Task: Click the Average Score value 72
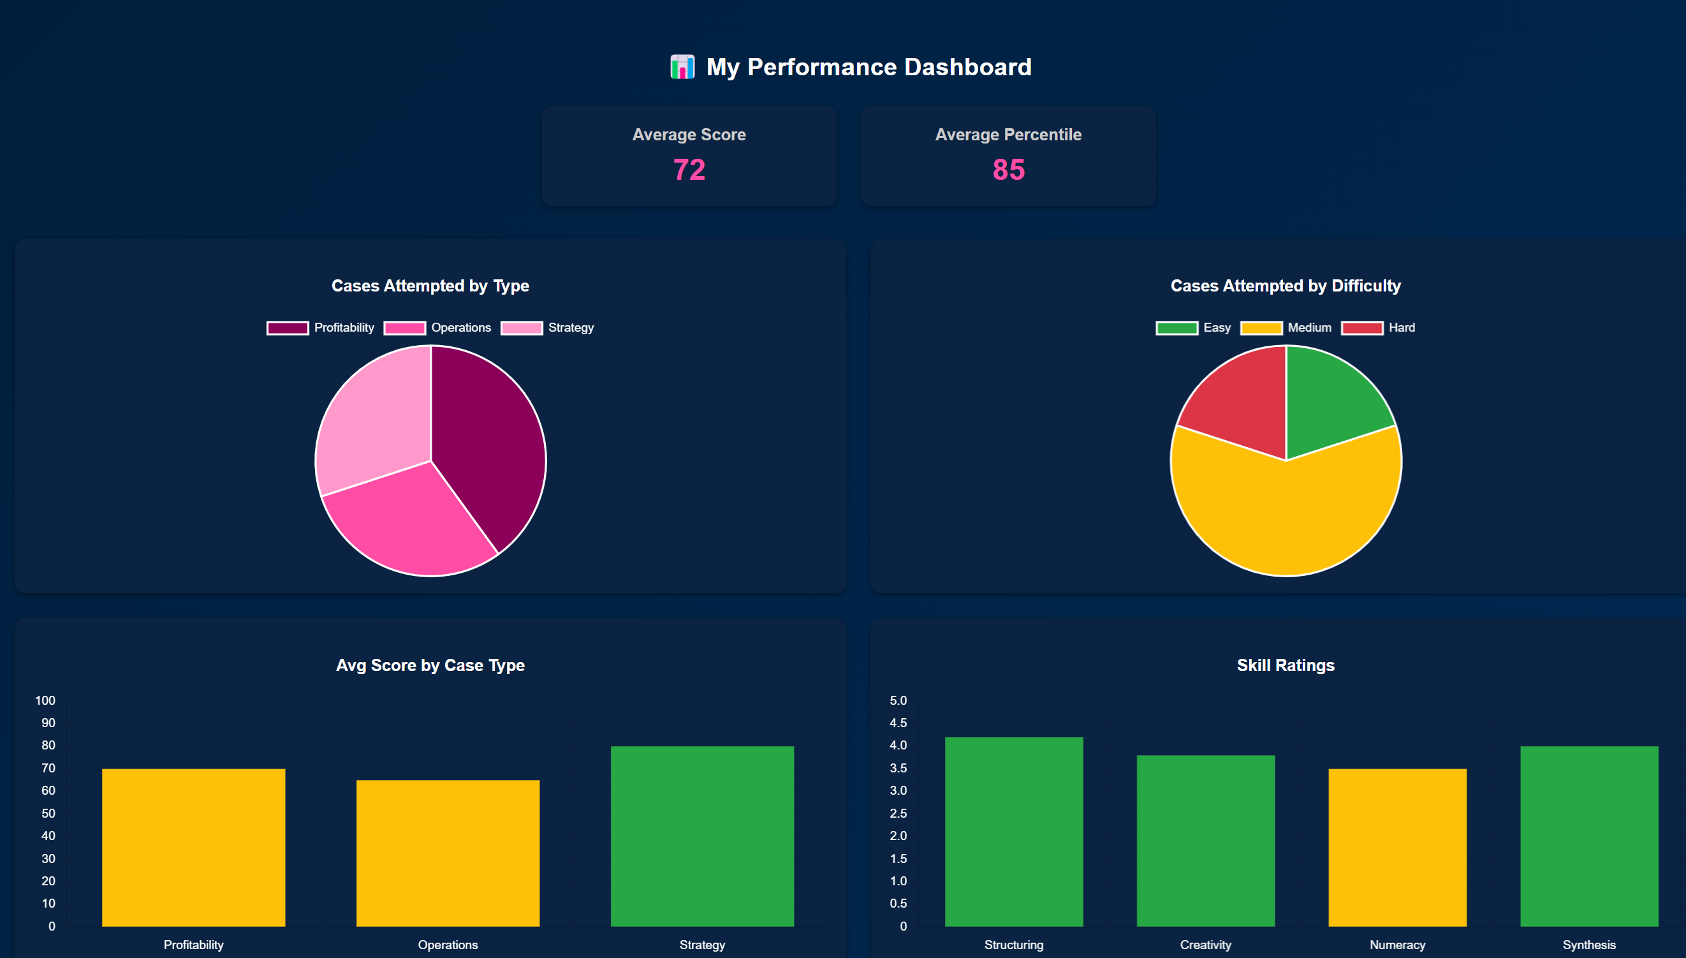point(689,170)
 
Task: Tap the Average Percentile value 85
point(1008,170)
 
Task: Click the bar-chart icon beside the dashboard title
point(682,67)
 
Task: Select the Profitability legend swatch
point(288,328)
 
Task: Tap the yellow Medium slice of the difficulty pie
point(1286,520)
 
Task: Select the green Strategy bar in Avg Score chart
point(702,836)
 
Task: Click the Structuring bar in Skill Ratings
point(1014,832)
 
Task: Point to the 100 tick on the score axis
point(45,701)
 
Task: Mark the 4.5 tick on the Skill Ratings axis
point(898,723)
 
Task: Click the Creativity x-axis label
point(1205,945)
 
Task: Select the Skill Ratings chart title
point(1286,665)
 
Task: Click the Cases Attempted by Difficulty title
point(1286,286)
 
